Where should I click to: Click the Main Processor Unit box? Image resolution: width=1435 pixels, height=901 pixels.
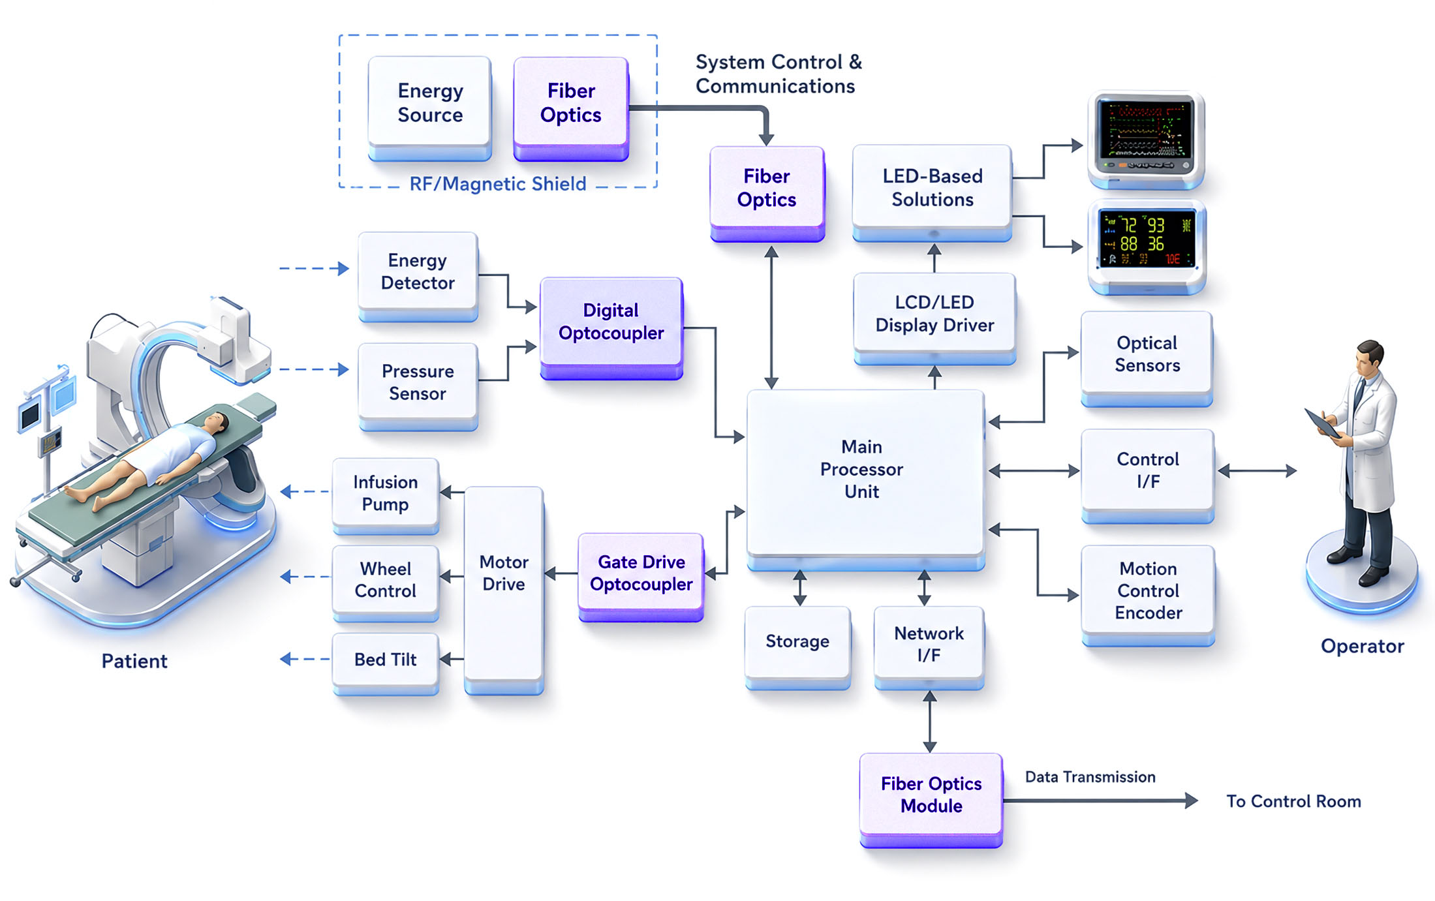pyautogui.click(x=865, y=480)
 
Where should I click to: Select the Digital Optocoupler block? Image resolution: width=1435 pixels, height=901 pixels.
pyautogui.click(x=611, y=328)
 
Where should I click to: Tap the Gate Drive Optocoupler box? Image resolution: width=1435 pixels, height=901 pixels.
pyautogui.click(x=641, y=577)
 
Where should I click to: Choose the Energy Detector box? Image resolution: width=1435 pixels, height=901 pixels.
pyautogui.click(x=418, y=277)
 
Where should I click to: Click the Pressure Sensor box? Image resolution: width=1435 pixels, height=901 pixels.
pyautogui.click(x=418, y=387)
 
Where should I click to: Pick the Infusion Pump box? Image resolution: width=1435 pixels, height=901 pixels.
pyautogui.click(x=386, y=496)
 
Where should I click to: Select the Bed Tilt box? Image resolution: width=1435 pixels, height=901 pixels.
pyautogui.click(x=386, y=663)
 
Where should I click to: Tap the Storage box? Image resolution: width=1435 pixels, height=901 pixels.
pyautogui.click(x=797, y=647)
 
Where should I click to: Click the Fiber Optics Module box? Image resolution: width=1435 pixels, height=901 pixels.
pyautogui.click(x=931, y=800)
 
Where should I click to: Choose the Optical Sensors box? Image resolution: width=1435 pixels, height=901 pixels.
pyautogui.click(x=1147, y=359)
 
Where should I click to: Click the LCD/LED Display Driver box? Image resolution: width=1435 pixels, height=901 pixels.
pyautogui.click(x=934, y=318)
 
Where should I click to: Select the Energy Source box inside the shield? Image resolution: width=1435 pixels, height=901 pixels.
pyautogui.click(x=430, y=108)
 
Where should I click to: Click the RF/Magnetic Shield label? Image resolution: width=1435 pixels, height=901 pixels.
pyautogui.click(x=498, y=184)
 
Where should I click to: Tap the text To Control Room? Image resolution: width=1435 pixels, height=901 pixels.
pyautogui.click(x=1293, y=801)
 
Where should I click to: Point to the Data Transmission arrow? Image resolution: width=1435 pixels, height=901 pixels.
pyautogui.click(x=1100, y=800)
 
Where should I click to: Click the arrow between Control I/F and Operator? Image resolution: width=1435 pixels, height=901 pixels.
pyautogui.click(x=1257, y=470)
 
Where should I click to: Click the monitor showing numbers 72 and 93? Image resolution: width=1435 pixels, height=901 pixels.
pyautogui.click(x=1147, y=247)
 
